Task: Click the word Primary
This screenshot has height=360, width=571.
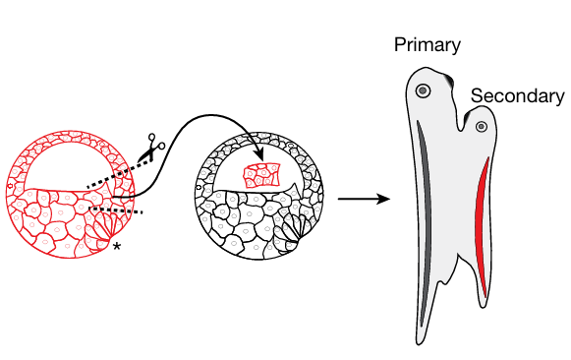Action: (x=428, y=45)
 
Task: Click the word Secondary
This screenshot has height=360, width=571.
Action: (x=518, y=96)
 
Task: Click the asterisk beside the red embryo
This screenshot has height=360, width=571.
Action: (x=117, y=246)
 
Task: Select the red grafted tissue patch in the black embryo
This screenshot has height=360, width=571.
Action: (x=261, y=175)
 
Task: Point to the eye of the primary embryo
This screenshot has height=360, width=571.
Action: (x=424, y=90)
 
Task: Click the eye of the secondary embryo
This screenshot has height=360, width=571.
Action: (x=482, y=127)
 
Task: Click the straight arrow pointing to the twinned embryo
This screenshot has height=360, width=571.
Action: (x=364, y=199)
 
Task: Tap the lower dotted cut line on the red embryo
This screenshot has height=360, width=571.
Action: (x=116, y=210)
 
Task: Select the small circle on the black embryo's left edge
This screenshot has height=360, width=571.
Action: (x=199, y=187)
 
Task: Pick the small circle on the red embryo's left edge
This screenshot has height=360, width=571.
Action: (x=10, y=186)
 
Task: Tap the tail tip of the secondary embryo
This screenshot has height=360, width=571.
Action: (x=484, y=305)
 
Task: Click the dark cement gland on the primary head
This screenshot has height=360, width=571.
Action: (x=448, y=80)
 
